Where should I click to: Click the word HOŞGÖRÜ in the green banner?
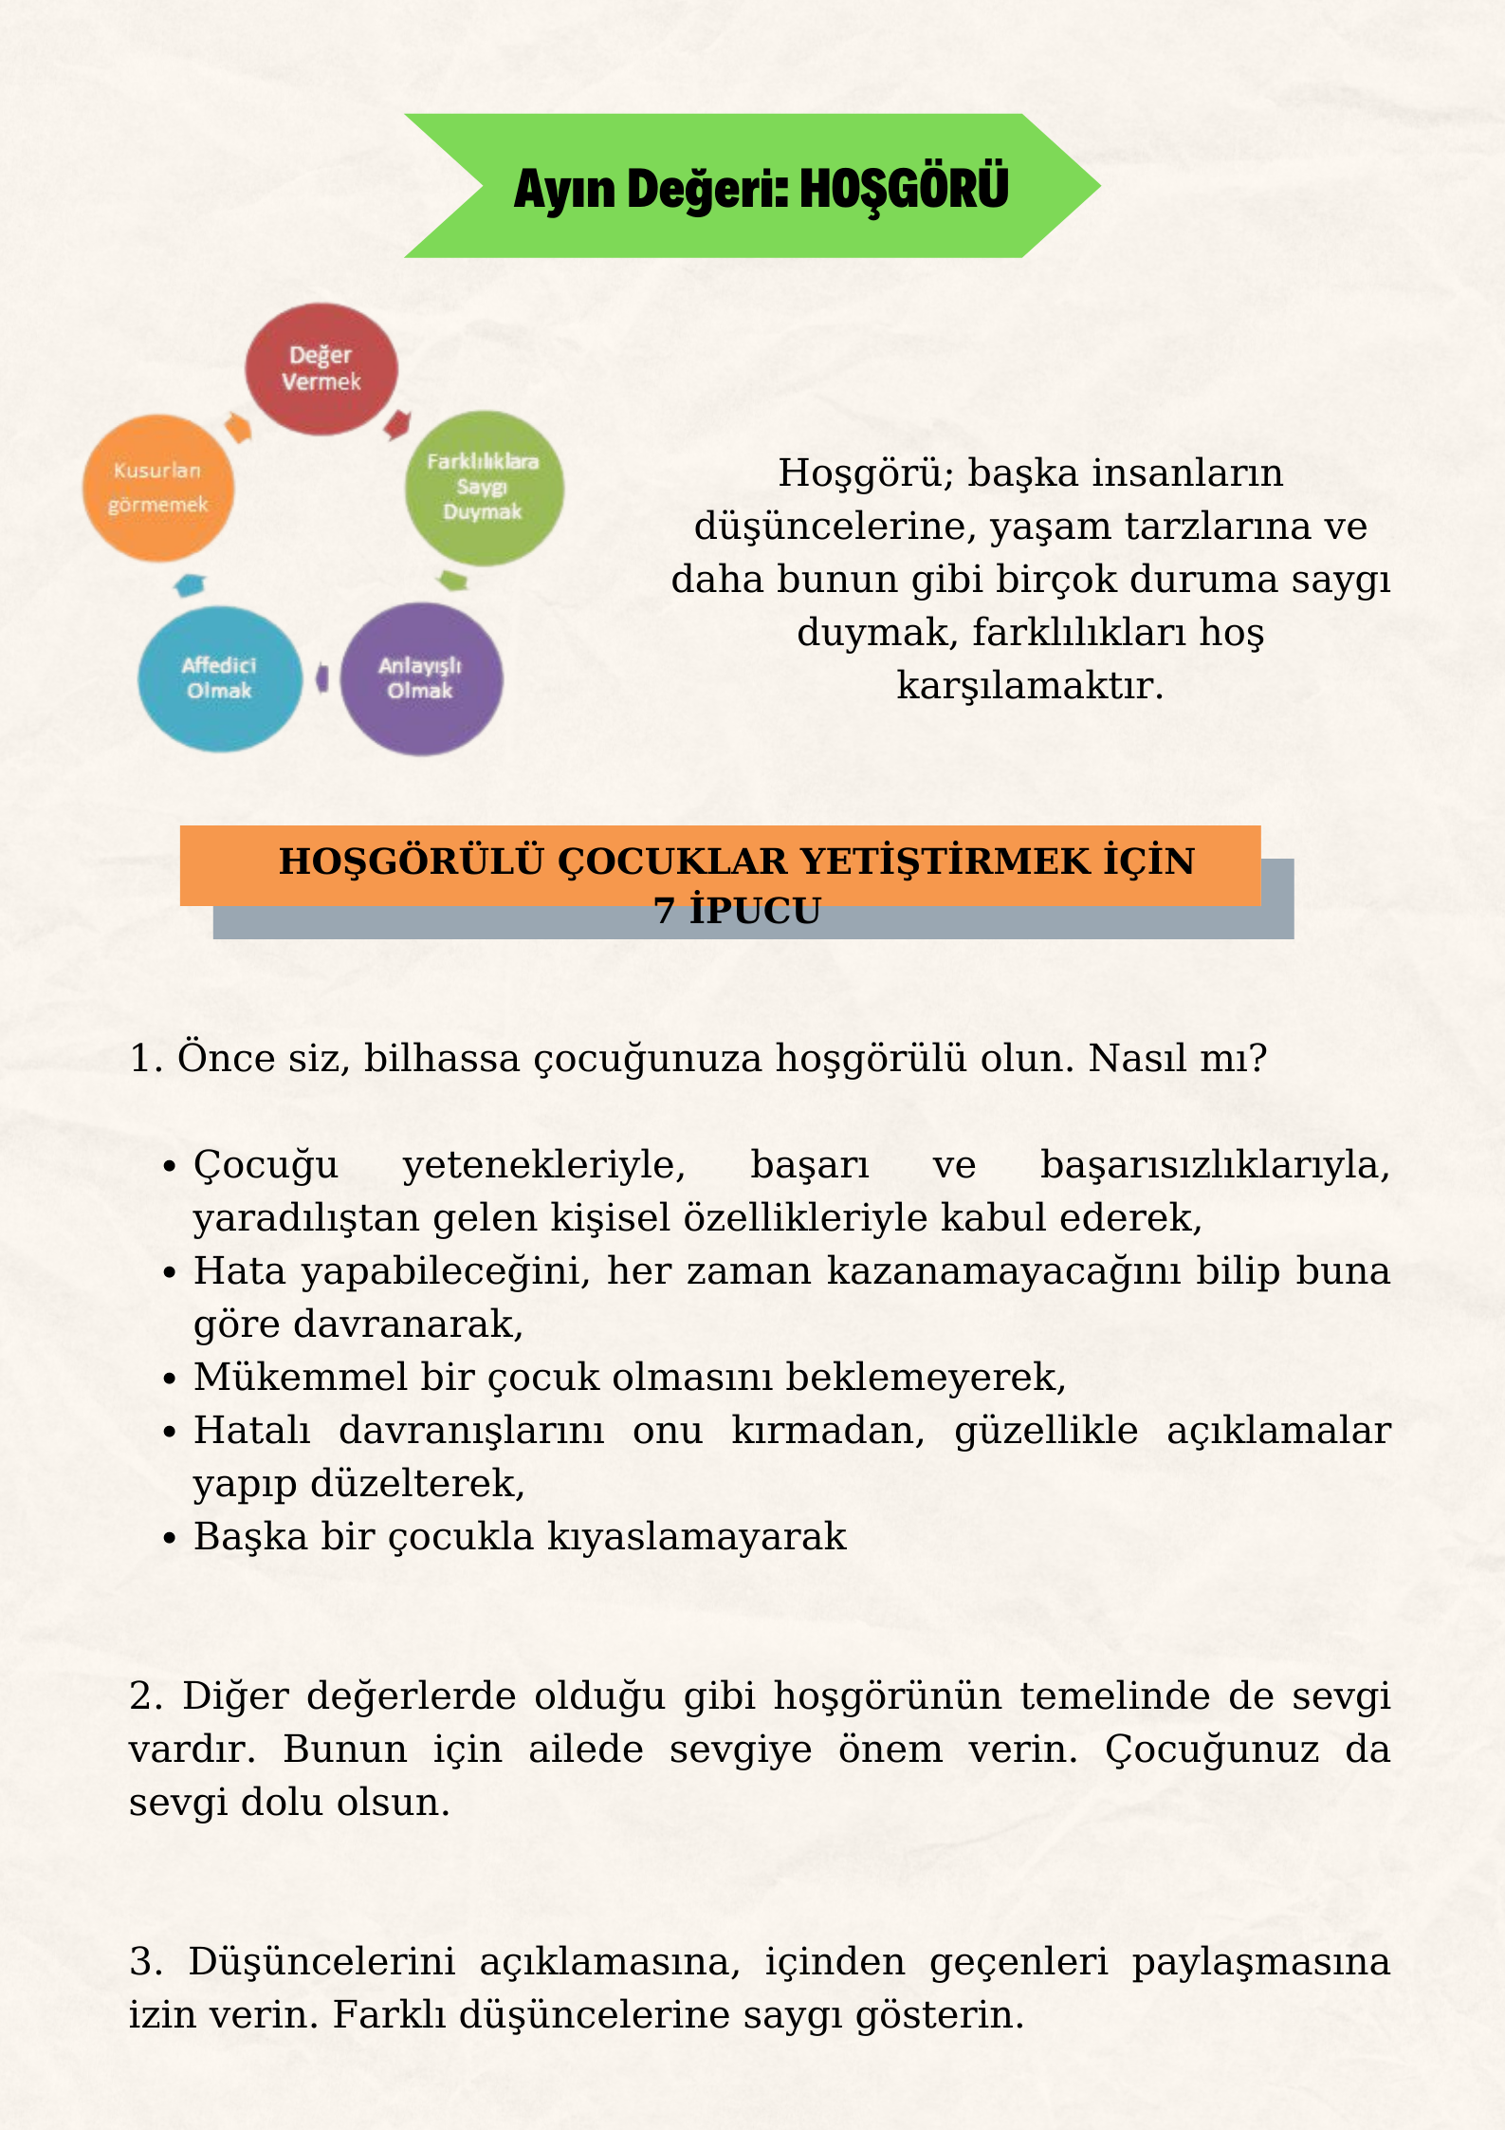click(904, 188)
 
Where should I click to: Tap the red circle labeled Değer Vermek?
click(321, 369)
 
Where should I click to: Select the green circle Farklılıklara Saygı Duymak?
click(484, 488)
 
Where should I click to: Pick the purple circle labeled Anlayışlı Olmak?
click(421, 678)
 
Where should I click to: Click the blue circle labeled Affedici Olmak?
click(220, 678)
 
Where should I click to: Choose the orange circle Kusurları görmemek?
click(158, 488)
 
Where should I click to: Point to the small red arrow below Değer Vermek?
click(397, 424)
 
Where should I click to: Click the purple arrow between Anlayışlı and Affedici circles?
click(322, 678)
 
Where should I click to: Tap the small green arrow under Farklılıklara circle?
click(453, 580)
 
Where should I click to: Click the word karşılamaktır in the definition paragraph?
click(1029, 685)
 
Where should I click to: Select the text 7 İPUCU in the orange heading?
click(737, 911)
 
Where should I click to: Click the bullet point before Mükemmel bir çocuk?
click(171, 1378)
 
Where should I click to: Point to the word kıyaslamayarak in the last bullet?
click(697, 1537)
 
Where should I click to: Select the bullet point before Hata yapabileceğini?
click(171, 1271)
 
